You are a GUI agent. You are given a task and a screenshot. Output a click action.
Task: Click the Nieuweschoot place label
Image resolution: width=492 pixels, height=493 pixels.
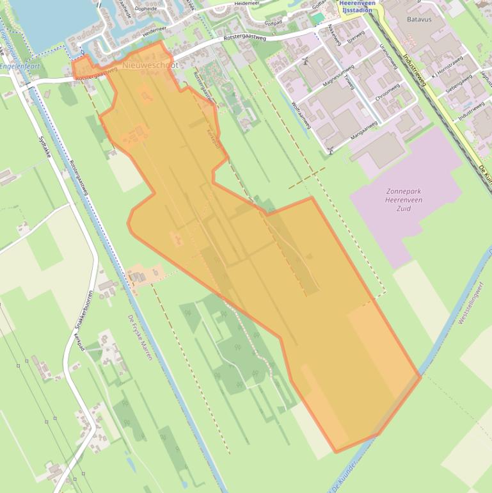pos(148,65)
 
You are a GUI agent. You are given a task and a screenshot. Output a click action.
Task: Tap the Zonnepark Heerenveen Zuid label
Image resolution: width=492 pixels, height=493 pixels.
pos(404,200)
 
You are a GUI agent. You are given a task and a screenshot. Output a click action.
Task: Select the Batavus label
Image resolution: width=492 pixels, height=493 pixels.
pos(419,20)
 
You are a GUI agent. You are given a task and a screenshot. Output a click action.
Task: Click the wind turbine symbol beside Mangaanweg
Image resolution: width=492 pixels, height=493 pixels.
pos(331,151)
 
